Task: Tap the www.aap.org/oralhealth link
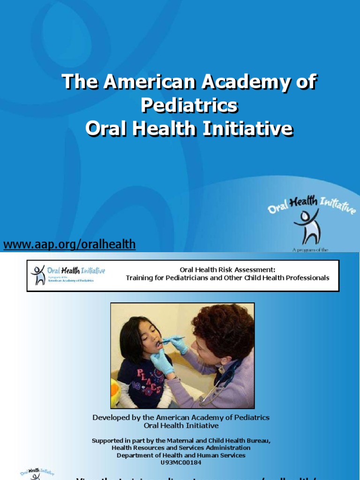[69, 244]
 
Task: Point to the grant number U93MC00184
[180, 462]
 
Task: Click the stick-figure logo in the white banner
[37, 275]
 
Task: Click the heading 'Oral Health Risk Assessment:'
[227, 270]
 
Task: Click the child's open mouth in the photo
[158, 345]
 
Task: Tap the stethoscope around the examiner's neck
[225, 375]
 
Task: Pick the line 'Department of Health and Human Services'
[180, 455]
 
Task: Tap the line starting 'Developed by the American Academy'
[180, 417]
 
